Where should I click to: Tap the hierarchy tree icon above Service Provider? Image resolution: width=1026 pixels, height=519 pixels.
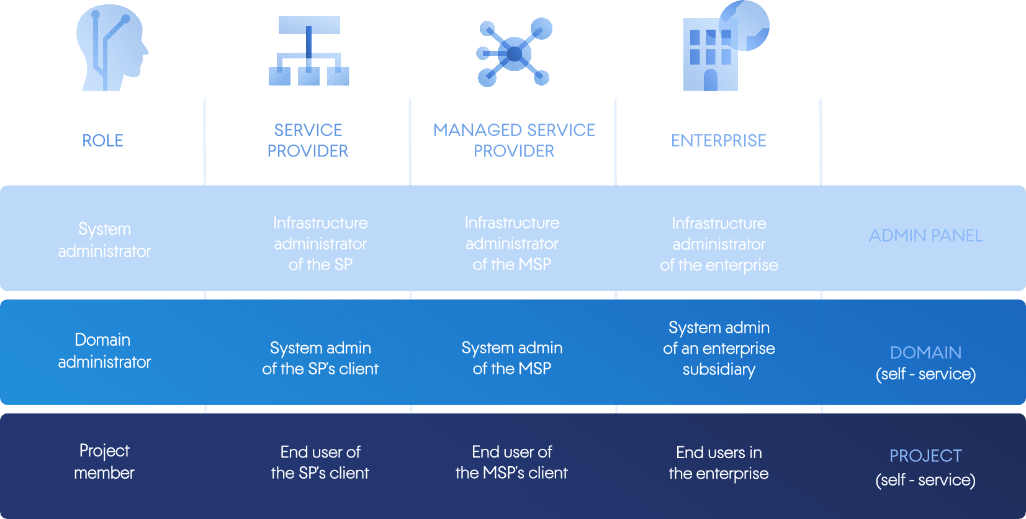[x=309, y=51]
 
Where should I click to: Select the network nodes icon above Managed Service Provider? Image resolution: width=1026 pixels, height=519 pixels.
[x=514, y=53]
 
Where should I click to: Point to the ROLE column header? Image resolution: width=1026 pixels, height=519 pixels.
[x=103, y=141]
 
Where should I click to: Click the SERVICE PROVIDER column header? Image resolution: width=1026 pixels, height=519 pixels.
[x=308, y=140]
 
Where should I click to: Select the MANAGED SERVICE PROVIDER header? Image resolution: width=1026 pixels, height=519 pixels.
[x=514, y=140]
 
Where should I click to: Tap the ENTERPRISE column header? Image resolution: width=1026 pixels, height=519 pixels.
[x=719, y=141]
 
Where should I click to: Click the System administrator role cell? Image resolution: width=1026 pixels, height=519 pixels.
[x=104, y=240]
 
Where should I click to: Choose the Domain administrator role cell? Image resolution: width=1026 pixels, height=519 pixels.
[x=104, y=351]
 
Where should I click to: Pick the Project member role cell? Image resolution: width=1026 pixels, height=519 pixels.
[x=104, y=462]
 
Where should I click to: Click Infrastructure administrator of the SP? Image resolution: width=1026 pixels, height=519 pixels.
[x=320, y=244]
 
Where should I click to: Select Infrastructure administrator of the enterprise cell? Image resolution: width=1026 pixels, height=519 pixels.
[x=719, y=244]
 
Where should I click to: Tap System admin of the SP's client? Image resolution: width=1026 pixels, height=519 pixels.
[x=320, y=358]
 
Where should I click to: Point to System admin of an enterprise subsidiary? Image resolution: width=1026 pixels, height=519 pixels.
[x=719, y=348]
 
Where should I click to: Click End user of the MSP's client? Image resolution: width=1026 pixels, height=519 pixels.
[x=511, y=463]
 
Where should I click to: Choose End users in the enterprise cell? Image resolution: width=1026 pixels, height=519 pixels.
[x=719, y=463]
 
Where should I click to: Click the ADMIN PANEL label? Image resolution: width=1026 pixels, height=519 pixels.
[x=925, y=236]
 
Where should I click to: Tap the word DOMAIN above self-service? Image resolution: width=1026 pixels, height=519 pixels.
[x=925, y=353]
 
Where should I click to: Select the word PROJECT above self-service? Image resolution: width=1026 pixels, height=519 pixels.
[x=925, y=456]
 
